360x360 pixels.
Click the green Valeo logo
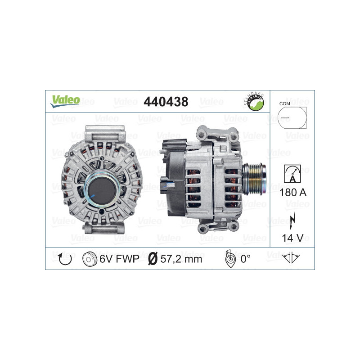(x=65, y=101)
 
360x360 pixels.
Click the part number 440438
(x=165, y=102)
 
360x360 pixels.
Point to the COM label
(x=284, y=103)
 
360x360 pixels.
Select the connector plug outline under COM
(x=291, y=118)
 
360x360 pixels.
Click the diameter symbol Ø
(x=153, y=259)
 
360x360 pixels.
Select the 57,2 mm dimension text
(x=181, y=259)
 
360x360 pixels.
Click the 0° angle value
(x=245, y=259)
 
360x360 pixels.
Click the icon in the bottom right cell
(x=292, y=258)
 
